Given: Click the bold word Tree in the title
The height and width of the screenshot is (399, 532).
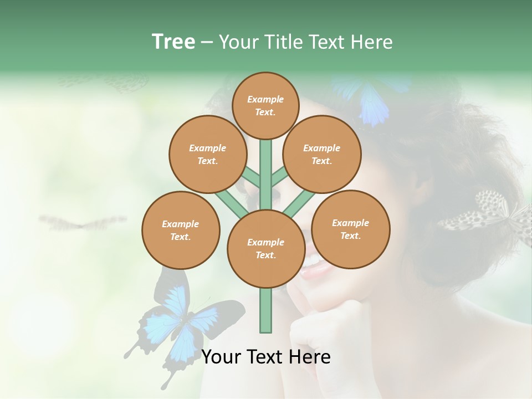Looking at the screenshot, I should coord(173,42).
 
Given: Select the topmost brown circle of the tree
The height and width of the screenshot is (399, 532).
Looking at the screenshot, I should coord(265,105).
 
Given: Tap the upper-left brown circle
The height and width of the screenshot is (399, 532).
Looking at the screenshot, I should coord(207,154).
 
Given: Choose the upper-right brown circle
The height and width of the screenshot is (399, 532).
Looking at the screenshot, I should coord(321,154).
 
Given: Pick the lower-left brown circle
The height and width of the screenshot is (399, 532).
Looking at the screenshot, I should coord(180,230).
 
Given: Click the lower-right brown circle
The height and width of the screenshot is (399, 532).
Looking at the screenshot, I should coord(350,229).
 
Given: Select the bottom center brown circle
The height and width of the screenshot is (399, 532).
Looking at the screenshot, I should coord(265,249).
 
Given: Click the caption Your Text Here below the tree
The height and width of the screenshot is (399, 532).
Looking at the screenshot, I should coord(265,357).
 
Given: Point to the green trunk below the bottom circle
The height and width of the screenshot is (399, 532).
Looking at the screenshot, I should coord(265,310).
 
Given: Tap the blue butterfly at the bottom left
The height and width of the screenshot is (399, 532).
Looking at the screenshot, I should coord(177,321).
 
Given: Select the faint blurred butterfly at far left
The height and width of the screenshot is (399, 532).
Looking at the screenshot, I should coord(83,223).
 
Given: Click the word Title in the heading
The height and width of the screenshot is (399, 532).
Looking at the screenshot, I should coord(284,42).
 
